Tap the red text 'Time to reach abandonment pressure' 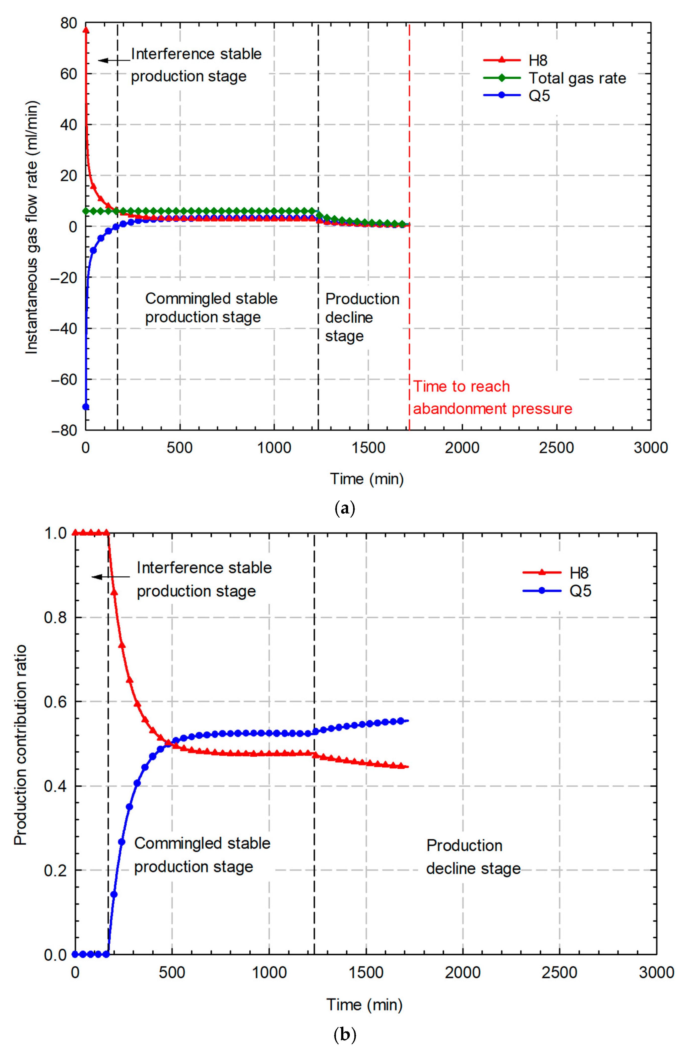(x=492, y=397)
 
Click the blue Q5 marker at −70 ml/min (x=86, y=407)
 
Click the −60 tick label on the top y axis (x=64, y=379)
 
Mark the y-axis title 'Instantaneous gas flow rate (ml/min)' (x=32, y=228)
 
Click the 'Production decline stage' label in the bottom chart (x=473, y=857)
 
